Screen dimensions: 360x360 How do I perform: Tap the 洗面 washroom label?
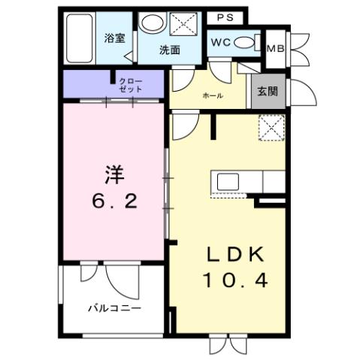click(169, 50)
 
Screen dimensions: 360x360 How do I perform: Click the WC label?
click(220, 44)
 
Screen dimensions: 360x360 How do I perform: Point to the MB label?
click(275, 48)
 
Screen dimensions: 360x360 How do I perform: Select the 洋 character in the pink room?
click(113, 175)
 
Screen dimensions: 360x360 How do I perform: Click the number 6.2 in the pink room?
click(113, 201)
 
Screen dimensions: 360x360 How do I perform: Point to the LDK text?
click(234, 254)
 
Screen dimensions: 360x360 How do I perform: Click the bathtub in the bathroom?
click(78, 38)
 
